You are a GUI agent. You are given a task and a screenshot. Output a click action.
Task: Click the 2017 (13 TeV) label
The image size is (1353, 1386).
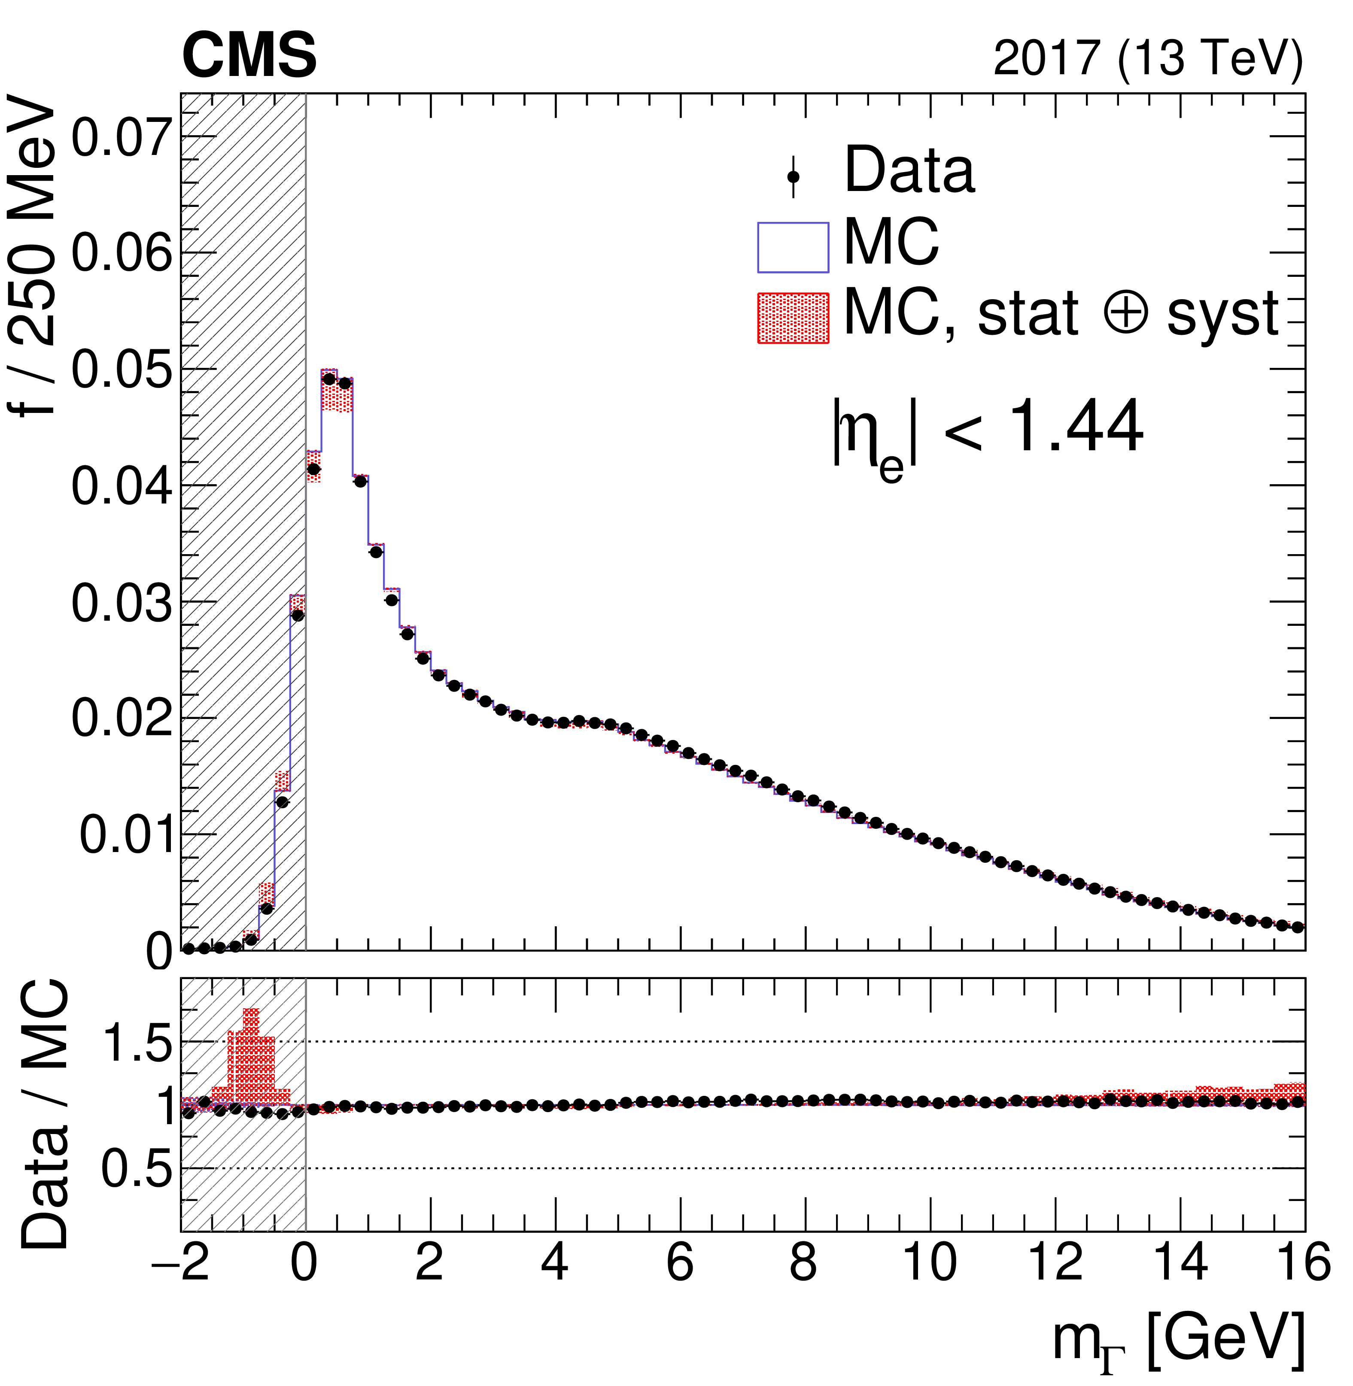pyautogui.click(x=1148, y=58)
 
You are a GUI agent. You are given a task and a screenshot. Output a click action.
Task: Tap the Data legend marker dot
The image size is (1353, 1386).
pyautogui.click(x=793, y=176)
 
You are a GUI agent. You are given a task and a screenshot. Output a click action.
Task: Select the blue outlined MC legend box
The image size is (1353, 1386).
pyautogui.click(x=793, y=247)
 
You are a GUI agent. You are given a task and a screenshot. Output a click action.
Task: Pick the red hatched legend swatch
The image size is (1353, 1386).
pyautogui.click(x=793, y=318)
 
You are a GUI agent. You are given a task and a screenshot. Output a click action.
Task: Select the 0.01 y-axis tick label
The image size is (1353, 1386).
pyautogui.click(x=127, y=835)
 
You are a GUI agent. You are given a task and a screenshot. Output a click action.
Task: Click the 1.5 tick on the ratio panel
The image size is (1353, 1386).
pyautogui.click(x=137, y=1043)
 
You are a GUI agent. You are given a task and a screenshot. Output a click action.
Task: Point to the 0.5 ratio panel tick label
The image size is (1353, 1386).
pyautogui.click(x=137, y=1169)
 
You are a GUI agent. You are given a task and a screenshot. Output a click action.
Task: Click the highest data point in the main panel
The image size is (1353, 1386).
pyautogui.click(x=329, y=379)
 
